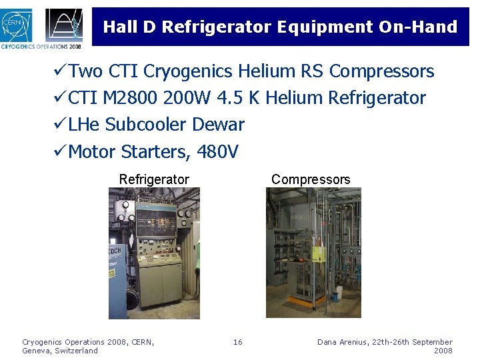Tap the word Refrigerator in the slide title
pos(216,27)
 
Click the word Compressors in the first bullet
pos(382,71)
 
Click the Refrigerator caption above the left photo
pos(154,179)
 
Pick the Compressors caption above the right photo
pos(311,179)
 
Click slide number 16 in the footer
pos(238,342)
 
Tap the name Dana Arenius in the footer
pos(341,342)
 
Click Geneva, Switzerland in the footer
pos(60,351)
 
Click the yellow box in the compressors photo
pos(318,253)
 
